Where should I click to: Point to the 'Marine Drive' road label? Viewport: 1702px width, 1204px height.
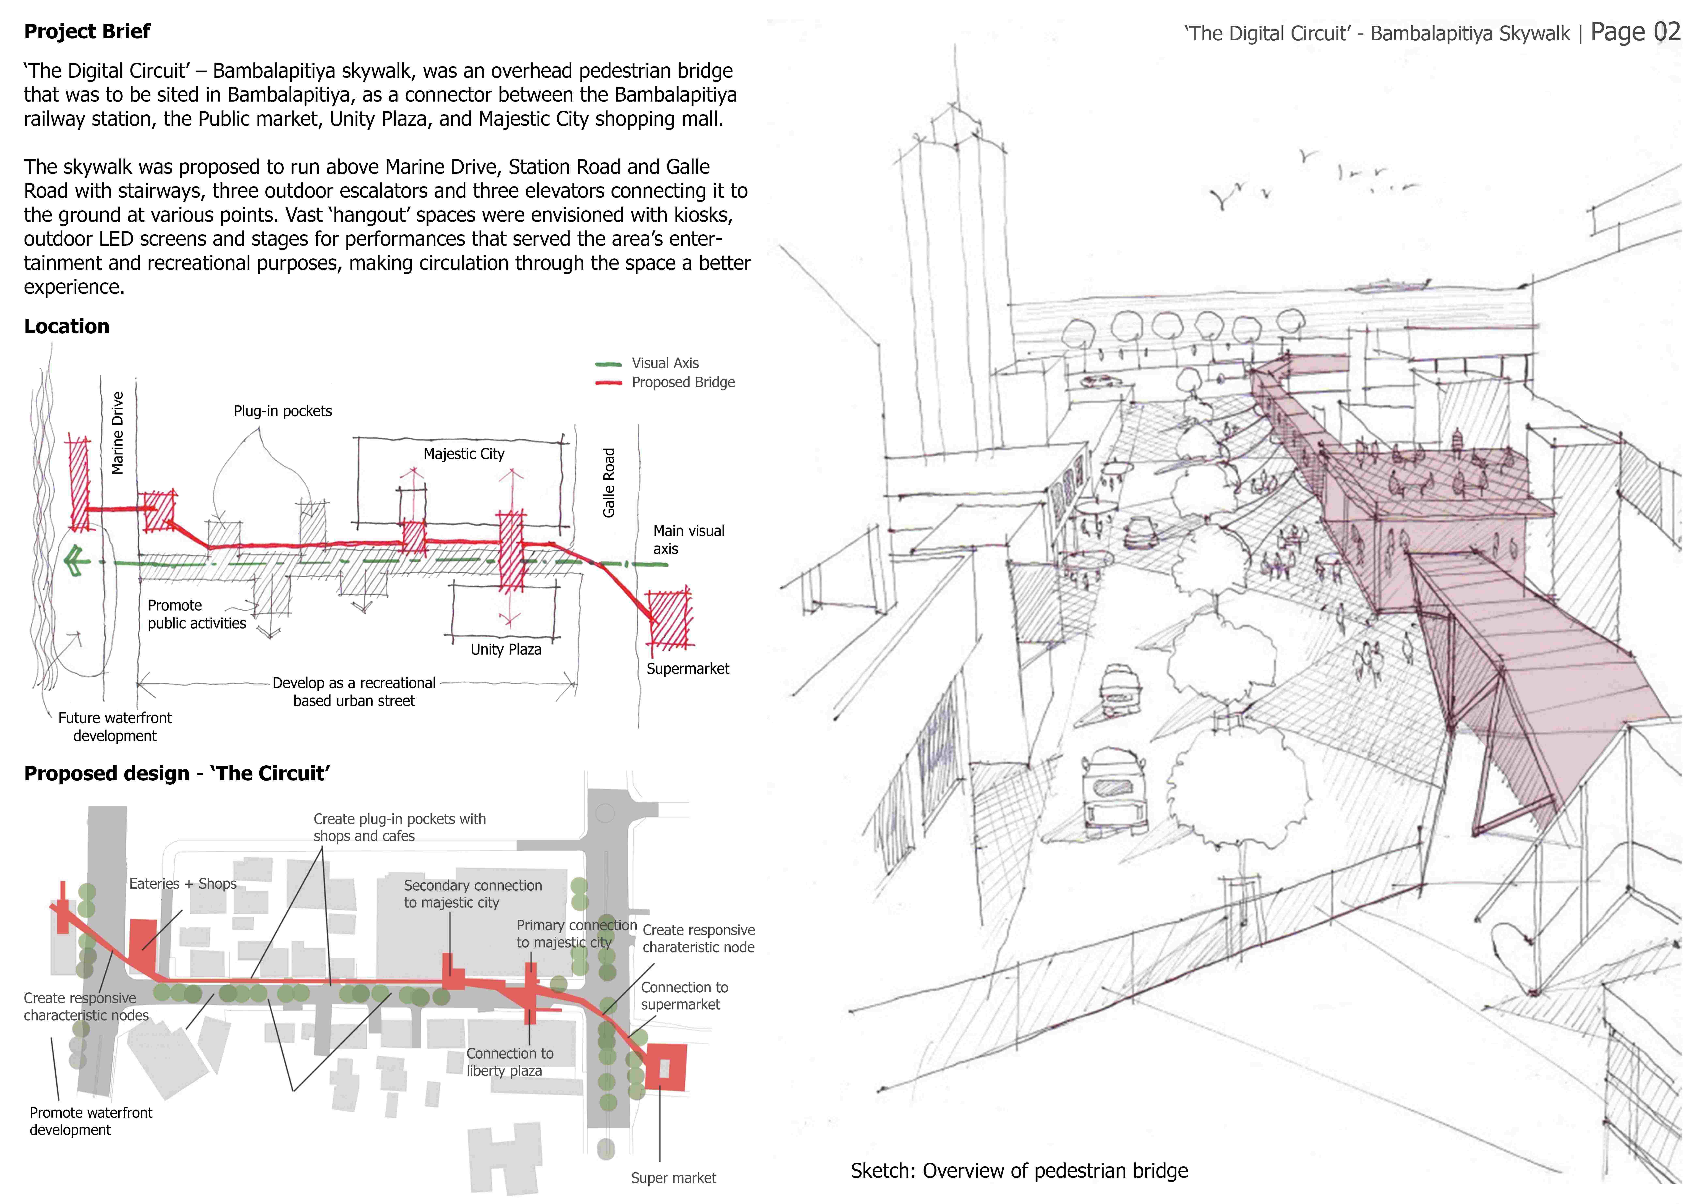point(117,433)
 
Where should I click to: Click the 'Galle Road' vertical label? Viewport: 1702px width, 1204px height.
point(609,483)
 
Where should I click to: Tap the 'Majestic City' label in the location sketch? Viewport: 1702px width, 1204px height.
point(464,454)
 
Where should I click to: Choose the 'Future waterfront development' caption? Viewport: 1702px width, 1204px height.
point(115,726)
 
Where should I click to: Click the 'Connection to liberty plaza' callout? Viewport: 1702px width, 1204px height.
point(510,1062)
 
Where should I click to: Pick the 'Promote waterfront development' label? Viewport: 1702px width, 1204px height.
point(91,1121)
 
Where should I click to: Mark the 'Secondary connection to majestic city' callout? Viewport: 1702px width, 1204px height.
point(473,894)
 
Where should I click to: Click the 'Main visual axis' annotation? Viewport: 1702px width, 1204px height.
point(689,540)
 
